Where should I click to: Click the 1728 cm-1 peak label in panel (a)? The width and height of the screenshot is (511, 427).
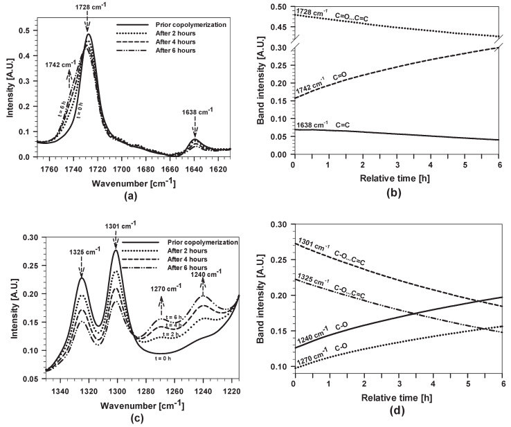pos(88,6)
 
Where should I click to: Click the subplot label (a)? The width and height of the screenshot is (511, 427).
pos(134,197)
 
